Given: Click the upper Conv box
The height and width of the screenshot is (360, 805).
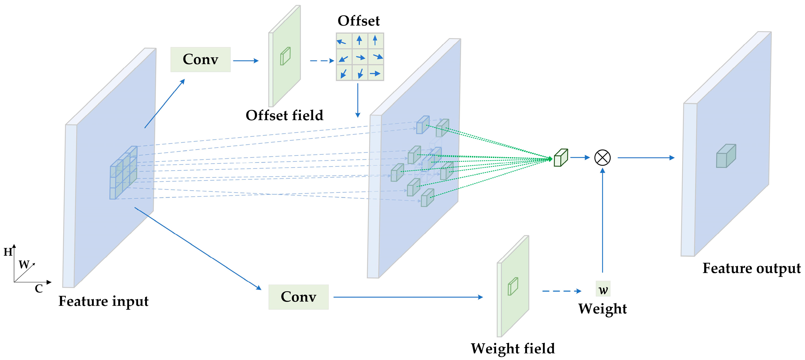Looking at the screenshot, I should [200, 59].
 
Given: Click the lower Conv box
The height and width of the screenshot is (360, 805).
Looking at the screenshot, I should [298, 297].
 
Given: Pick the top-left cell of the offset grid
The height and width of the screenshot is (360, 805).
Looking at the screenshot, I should [344, 41].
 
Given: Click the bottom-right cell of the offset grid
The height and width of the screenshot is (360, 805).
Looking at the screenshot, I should [376, 73].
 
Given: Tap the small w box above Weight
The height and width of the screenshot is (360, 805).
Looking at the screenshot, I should [603, 289].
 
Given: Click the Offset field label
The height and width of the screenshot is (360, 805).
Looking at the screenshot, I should [284, 115].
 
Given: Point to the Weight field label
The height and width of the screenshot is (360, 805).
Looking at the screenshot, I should [512, 348].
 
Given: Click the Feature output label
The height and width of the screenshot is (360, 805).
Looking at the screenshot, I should [751, 268].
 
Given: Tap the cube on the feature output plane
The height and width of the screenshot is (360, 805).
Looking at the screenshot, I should [726, 156].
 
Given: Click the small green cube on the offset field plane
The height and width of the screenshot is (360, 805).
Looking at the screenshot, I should [285, 56].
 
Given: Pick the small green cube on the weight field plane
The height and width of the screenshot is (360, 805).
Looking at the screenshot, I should [513, 286].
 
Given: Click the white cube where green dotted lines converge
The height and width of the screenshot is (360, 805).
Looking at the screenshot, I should [561, 158].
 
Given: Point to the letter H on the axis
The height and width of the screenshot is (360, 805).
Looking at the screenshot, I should [7, 252].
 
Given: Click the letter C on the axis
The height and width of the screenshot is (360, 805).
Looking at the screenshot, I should [39, 288].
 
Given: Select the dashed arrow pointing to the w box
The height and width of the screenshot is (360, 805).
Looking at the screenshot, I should [561, 291].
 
